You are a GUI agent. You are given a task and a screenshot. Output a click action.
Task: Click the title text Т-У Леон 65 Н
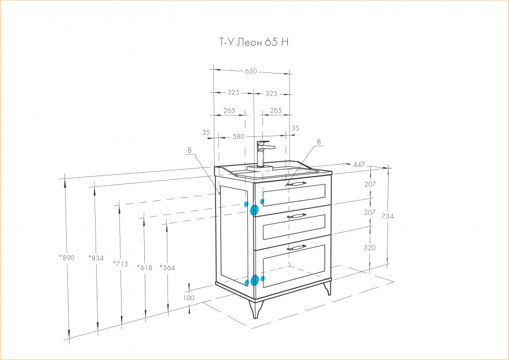coord(254,42)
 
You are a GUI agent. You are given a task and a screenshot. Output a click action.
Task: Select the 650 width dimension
coord(251,71)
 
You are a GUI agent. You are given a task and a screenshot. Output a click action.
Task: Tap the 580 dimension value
coord(239,137)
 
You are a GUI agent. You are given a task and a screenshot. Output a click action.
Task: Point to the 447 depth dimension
coord(359,165)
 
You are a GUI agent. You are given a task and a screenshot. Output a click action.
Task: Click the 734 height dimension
coord(387,216)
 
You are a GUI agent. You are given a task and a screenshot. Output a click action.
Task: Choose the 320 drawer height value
coord(369,248)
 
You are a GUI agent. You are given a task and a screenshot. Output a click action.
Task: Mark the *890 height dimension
coord(67,258)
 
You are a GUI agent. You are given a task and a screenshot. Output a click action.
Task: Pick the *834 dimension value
coord(96,258)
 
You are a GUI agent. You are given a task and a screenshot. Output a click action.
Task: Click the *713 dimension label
coord(120,264)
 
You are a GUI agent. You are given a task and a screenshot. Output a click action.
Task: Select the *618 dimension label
coord(144,268)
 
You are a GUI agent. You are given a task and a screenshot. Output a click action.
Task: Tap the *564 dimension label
coord(167,268)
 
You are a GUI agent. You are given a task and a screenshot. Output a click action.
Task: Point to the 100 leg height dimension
coord(188,298)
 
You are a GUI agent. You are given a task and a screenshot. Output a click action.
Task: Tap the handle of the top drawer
coord(296,184)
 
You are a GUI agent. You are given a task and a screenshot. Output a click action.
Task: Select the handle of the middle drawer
coord(296,216)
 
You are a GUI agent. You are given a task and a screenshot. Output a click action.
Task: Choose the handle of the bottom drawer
coord(296,247)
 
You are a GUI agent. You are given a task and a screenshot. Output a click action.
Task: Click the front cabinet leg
coord(256,308)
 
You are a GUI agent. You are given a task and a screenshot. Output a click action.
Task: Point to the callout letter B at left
coord(189,151)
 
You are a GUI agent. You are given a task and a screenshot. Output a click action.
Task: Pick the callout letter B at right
coord(319,142)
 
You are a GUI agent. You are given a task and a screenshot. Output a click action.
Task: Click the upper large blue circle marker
coord(254,210)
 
